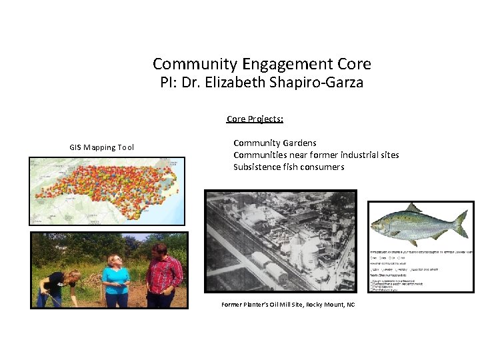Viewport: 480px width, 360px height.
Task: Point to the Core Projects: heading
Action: click(255, 119)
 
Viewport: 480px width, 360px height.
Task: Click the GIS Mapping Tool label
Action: click(101, 147)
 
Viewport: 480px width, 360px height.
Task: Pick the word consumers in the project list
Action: click(323, 167)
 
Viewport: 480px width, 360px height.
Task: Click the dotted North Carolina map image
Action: click(107, 190)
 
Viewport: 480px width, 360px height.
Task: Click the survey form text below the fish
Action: click(420, 270)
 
